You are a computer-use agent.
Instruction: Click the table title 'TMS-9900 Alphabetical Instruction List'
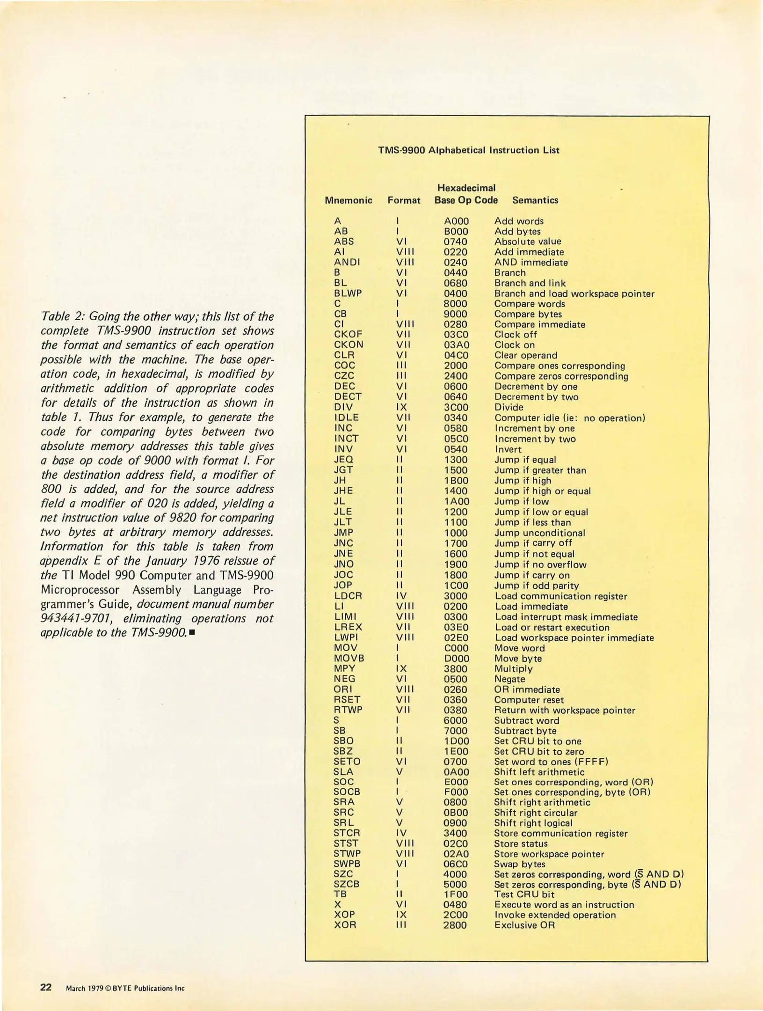point(468,150)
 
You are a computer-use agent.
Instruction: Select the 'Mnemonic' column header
point(349,200)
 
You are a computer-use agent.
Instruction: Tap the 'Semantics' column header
point(535,200)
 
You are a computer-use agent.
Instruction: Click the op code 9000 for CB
point(456,314)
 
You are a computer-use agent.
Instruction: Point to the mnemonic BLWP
point(348,293)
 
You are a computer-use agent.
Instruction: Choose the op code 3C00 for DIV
point(456,407)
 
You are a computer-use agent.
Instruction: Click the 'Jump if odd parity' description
point(537,586)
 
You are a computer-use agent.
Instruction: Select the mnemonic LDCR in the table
point(348,596)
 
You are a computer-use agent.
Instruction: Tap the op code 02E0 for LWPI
point(456,637)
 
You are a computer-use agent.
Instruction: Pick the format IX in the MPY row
point(401,668)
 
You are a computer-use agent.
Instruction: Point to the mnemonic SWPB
point(347,864)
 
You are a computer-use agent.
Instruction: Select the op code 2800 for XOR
point(455,925)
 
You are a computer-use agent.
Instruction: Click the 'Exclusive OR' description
point(524,925)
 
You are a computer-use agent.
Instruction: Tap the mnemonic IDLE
point(347,418)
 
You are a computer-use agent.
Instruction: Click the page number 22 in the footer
point(46,987)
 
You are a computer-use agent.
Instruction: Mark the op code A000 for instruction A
point(456,221)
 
